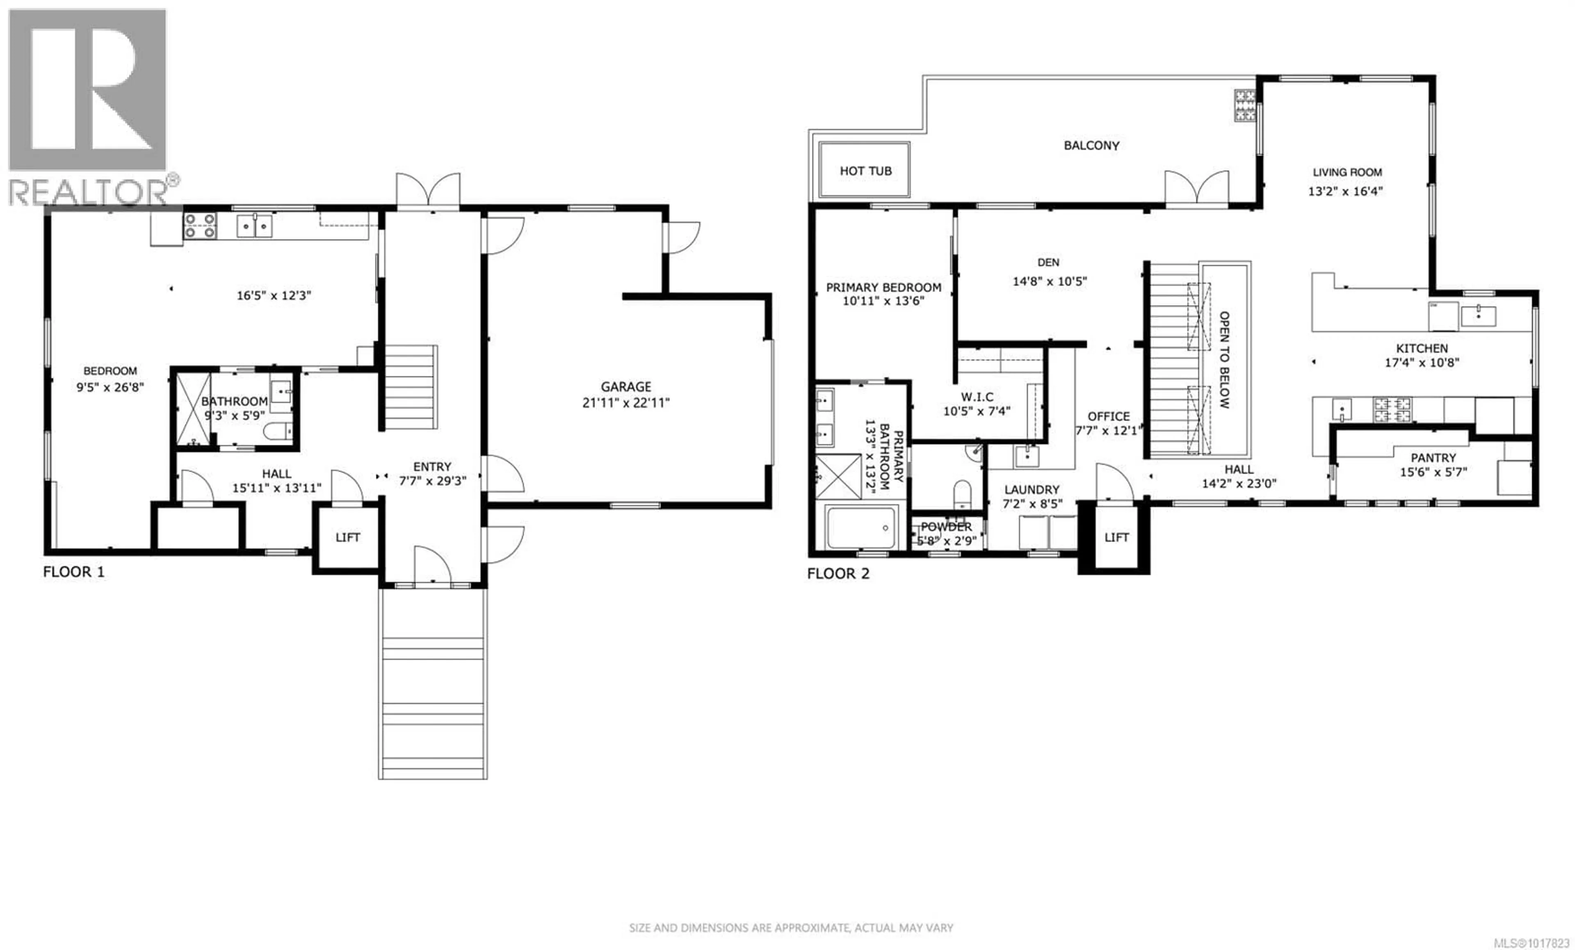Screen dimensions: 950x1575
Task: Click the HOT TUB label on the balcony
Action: tap(865, 171)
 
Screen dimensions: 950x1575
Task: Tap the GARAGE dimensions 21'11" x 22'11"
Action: tap(626, 403)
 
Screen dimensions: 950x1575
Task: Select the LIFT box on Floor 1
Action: tap(348, 537)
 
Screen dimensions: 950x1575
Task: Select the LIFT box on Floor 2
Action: tap(1116, 537)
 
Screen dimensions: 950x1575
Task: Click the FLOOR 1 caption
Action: tap(73, 571)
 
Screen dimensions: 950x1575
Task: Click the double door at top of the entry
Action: tap(428, 190)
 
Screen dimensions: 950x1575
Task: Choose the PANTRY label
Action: tap(1433, 458)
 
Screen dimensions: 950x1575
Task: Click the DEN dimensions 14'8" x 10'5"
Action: tap(1050, 281)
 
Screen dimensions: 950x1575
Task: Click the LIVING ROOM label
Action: tap(1347, 172)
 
